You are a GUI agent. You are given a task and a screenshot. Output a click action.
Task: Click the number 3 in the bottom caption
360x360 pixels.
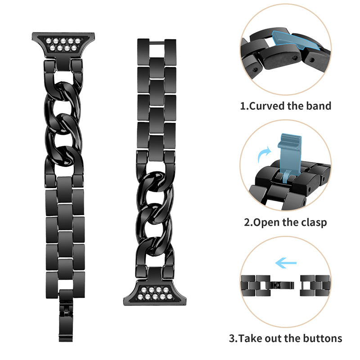pyautogui.click(x=233, y=338)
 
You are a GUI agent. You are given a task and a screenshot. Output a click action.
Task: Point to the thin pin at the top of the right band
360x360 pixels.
pyautogui.click(x=151, y=43)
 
